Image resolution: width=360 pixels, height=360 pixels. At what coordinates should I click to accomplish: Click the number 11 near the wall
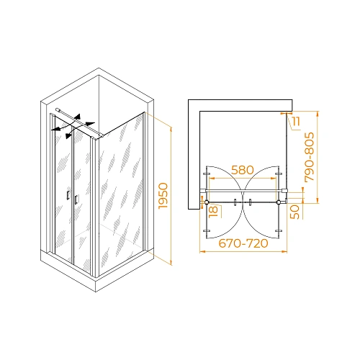pos(297,122)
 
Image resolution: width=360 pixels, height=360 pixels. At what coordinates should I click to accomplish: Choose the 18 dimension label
pos(212,211)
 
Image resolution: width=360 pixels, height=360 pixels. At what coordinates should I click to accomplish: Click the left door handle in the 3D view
pos(67,197)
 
